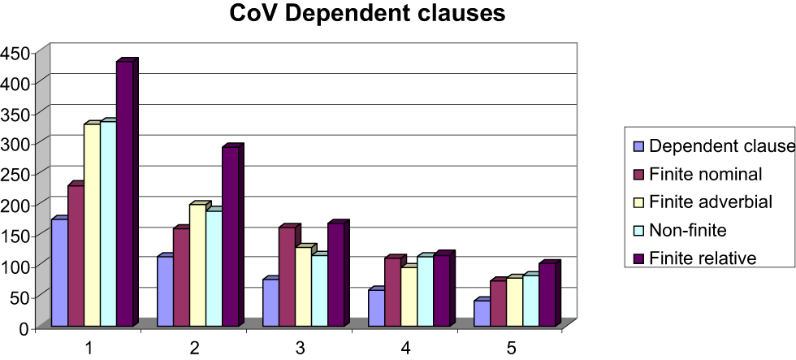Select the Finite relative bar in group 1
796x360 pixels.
(x=124, y=195)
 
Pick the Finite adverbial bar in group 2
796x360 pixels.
(x=197, y=266)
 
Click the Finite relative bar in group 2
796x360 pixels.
(x=230, y=237)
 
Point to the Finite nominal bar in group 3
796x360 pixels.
(x=287, y=277)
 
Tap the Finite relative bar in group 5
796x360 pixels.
(x=547, y=296)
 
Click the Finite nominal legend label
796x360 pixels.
(x=706, y=175)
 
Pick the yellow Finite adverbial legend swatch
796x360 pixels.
(x=638, y=202)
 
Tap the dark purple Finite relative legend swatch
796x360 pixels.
(x=638, y=258)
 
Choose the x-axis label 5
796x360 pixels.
(x=512, y=348)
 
